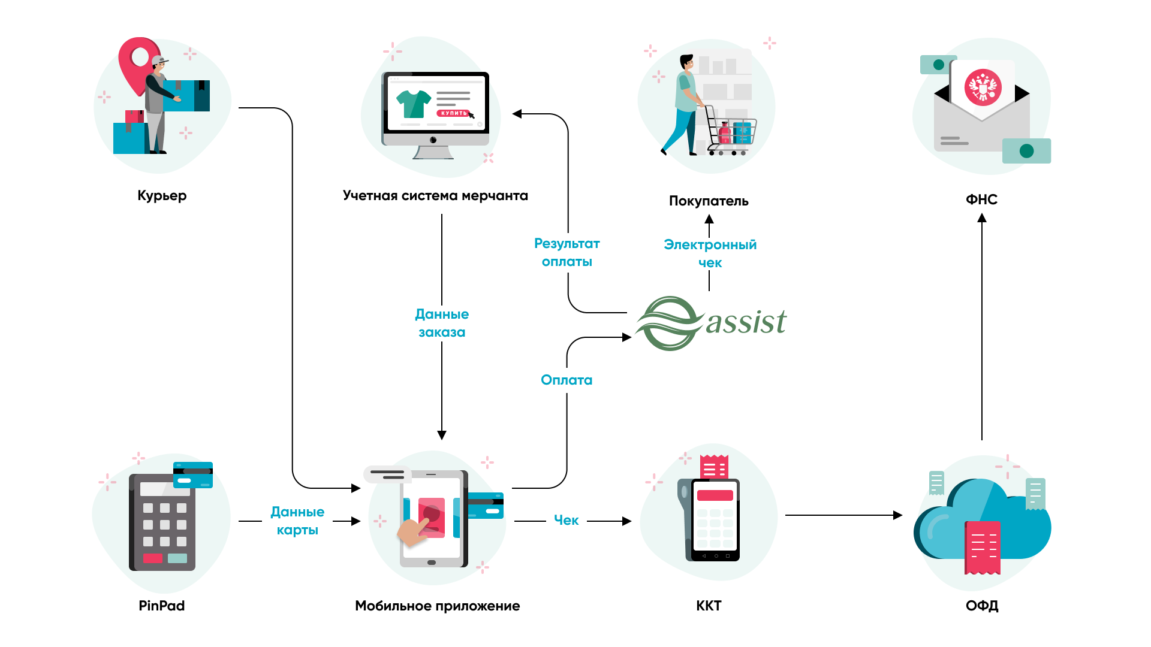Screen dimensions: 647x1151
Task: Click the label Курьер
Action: point(162,196)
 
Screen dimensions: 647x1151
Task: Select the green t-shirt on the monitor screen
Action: point(414,104)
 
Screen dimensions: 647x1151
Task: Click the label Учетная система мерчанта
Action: point(435,196)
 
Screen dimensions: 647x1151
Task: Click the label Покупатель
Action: point(709,201)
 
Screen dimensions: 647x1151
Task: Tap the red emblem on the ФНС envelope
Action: point(983,87)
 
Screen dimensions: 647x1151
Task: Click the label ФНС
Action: point(981,199)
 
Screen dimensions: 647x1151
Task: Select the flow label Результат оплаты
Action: point(567,252)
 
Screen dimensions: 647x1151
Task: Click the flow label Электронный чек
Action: point(710,253)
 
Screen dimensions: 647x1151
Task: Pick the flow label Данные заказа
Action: point(442,323)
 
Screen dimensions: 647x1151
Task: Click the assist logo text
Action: point(746,322)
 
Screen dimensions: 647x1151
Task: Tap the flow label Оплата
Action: point(567,380)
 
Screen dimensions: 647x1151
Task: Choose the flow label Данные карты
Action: point(297,521)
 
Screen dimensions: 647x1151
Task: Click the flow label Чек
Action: point(566,520)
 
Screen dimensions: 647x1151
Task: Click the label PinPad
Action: point(161,606)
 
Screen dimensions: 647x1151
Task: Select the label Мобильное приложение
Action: point(437,606)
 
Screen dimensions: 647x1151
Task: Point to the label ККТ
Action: point(709,606)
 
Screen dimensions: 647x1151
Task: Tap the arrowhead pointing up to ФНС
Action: point(982,218)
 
